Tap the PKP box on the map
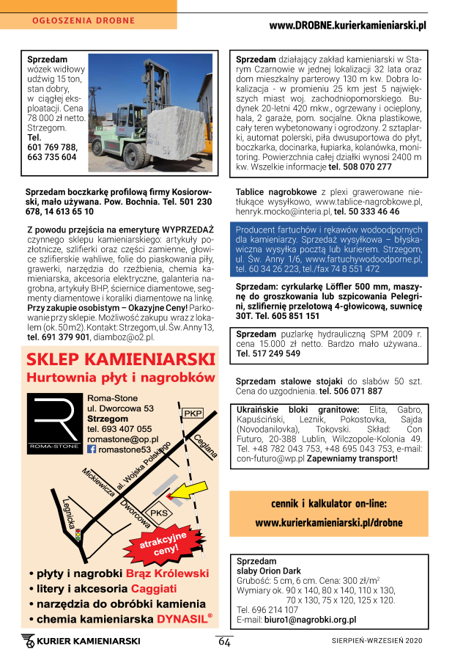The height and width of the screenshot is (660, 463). click(193, 413)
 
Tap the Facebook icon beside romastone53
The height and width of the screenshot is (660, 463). click(92, 450)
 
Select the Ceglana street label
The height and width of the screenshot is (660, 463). click(206, 445)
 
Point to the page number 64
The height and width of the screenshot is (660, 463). click(224, 642)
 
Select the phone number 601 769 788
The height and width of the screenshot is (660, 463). click(51, 147)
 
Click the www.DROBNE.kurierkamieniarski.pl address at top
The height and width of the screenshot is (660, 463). click(347, 25)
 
